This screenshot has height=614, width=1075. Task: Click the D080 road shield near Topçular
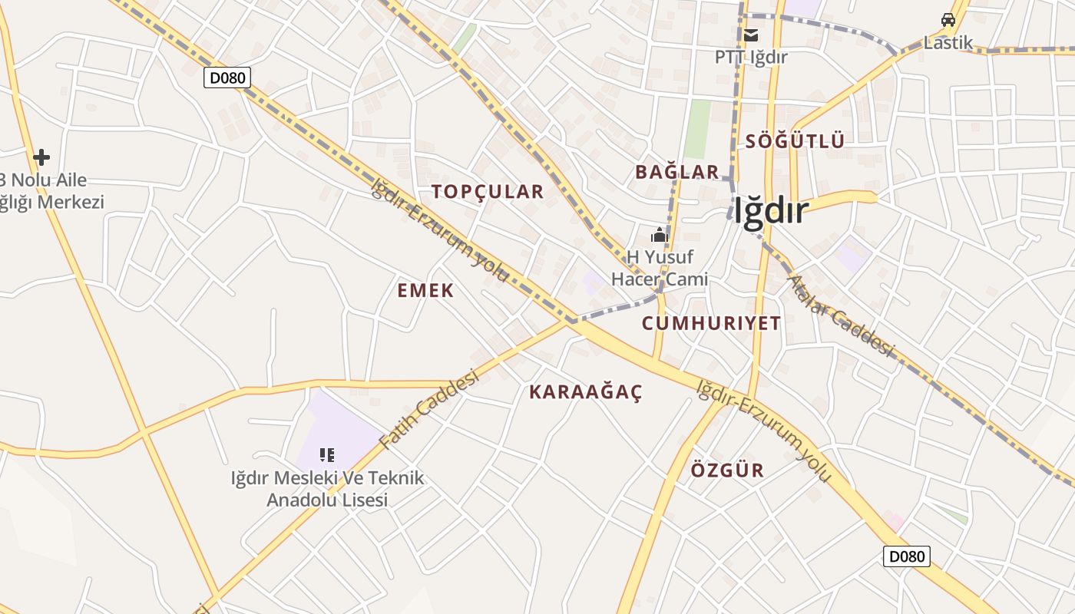(x=227, y=78)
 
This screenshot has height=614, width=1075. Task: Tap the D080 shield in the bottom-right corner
(x=906, y=556)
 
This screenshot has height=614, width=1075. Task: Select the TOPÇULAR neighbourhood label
(x=488, y=192)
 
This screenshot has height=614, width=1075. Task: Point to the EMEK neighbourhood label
(x=425, y=291)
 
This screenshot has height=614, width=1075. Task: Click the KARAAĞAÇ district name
(x=586, y=392)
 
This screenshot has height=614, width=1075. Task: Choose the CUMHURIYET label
(x=711, y=323)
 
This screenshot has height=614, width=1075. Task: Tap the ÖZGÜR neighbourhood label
(x=727, y=470)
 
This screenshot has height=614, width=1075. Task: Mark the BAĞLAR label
(x=676, y=172)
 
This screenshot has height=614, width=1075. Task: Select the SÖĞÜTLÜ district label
(x=795, y=141)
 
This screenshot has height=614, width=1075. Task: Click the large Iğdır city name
(x=770, y=211)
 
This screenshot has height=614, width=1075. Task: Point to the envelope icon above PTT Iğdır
(x=750, y=35)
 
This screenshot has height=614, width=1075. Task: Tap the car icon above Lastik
(x=948, y=20)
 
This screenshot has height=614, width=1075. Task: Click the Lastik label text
(x=948, y=43)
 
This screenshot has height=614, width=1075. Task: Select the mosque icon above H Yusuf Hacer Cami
(x=659, y=235)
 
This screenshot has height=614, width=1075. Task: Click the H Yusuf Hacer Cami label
(x=659, y=268)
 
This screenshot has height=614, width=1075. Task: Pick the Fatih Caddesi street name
(x=429, y=409)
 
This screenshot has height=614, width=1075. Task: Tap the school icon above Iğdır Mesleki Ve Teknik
(x=327, y=455)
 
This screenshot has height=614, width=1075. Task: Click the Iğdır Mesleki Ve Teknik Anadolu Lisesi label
(x=327, y=489)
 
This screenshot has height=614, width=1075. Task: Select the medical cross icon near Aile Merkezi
(x=41, y=157)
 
